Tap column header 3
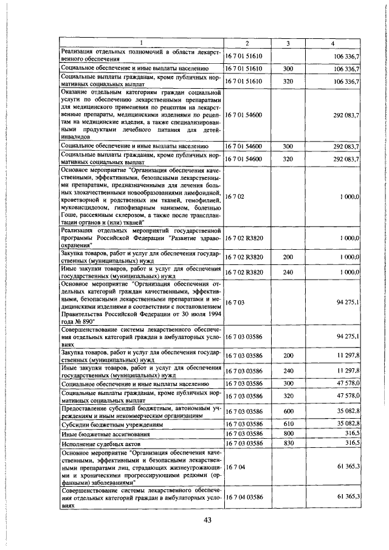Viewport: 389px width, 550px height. pos(288,43)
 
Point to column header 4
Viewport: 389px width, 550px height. pos(332,43)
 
